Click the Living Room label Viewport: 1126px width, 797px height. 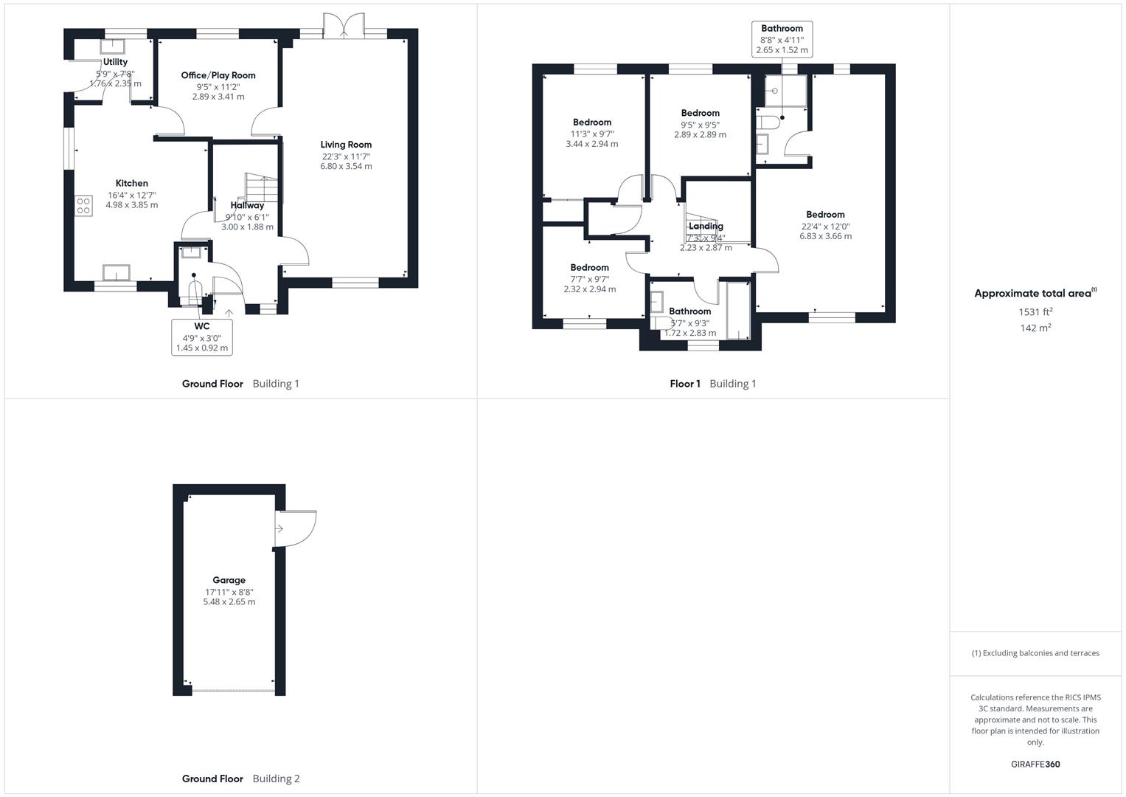[x=346, y=145]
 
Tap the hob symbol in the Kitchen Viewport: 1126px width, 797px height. [x=83, y=205]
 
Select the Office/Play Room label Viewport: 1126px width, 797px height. [x=218, y=75]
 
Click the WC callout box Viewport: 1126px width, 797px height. [x=202, y=337]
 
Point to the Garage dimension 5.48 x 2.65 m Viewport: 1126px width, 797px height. [x=229, y=602]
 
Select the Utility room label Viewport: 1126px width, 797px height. [x=115, y=62]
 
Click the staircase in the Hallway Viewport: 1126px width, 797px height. [x=263, y=187]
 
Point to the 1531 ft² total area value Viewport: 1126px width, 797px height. [x=1035, y=311]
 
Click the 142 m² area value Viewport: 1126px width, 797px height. [x=1035, y=328]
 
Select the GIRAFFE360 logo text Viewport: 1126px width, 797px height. [x=1035, y=765]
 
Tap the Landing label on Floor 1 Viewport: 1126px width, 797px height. [x=706, y=227]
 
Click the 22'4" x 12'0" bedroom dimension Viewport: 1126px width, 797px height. [x=825, y=227]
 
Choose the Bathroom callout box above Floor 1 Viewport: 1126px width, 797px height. [x=782, y=39]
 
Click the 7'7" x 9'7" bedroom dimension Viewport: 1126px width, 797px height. [x=589, y=279]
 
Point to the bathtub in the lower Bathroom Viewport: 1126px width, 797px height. [x=737, y=311]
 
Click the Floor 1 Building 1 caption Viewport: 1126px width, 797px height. [x=712, y=384]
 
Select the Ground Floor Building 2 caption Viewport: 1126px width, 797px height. [x=240, y=779]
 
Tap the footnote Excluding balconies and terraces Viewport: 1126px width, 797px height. [x=1035, y=653]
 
